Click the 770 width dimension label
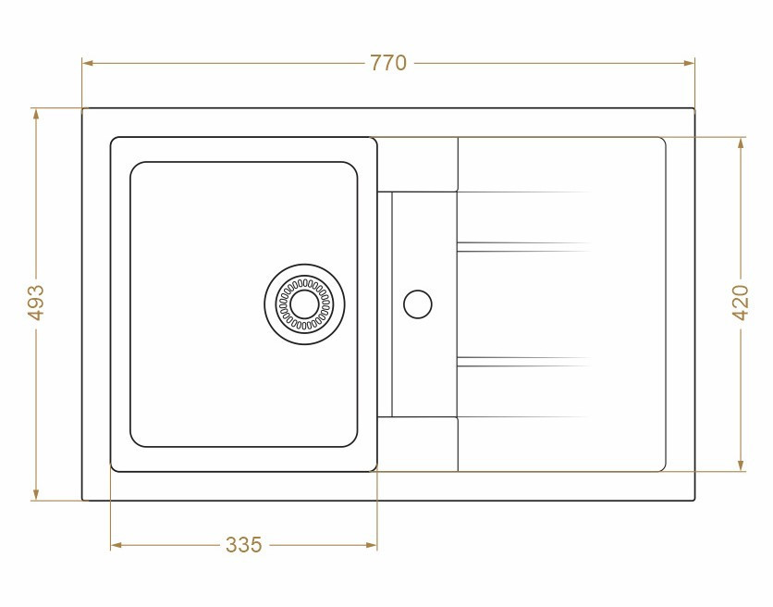click(x=388, y=63)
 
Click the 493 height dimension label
click(x=36, y=303)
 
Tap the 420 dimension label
click(x=741, y=303)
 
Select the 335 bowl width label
click(x=243, y=545)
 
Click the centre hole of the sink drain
click(x=304, y=304)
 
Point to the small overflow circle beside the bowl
click(x=418, y=304)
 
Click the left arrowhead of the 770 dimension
click(x=88, y=63)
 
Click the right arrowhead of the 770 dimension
click(x=689, y=63)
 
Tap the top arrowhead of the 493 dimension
click(x=36, y=114)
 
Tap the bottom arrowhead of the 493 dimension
click(x=36, y=494)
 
